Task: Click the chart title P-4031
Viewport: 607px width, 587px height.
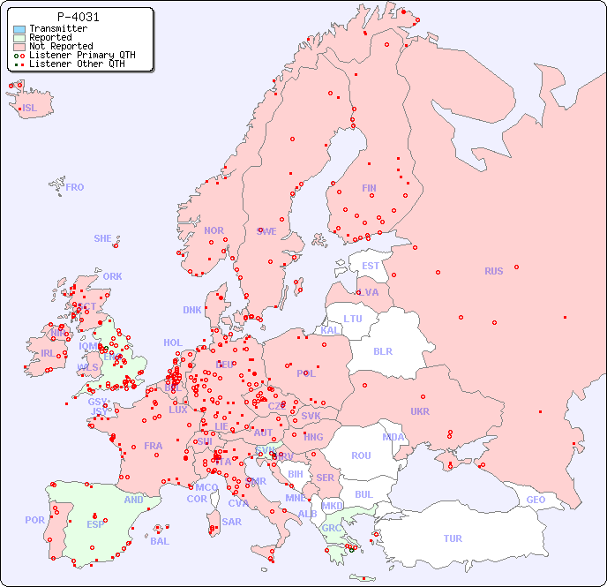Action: [x=78, y=17]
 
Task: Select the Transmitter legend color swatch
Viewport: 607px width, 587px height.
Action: [x=19, y=28]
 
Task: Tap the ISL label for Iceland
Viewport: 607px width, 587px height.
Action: [x=30, y=109]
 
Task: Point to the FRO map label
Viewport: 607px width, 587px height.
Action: [x=75, y=187]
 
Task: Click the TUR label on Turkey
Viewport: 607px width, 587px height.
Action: [x=453, y=538]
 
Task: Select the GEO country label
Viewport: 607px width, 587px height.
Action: [x=536, y=500]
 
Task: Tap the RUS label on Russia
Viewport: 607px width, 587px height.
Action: [x=493, y=271]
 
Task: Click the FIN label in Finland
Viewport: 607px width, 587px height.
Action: [x=369, y=188]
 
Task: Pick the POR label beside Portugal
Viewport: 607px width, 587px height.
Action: [x=34, y=520]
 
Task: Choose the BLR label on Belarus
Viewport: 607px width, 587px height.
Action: [x=383, y=350]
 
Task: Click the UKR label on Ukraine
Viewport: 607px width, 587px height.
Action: [x=420, y=411]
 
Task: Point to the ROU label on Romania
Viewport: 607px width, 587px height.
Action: [x=361, y=455]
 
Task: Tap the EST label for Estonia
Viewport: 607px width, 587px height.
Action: [x=371, y=266]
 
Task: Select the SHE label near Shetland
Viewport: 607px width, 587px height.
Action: [x=103, y=238]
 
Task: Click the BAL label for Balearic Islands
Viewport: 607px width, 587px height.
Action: [x=160, y=541]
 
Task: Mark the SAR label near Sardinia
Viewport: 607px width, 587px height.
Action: [x=232, y=522]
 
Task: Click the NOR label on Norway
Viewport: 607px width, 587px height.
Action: [x=214, y=230]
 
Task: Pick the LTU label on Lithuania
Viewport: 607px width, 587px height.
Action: [x=353, y=319]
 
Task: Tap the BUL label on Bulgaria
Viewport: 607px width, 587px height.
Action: [x=363, y=494]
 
